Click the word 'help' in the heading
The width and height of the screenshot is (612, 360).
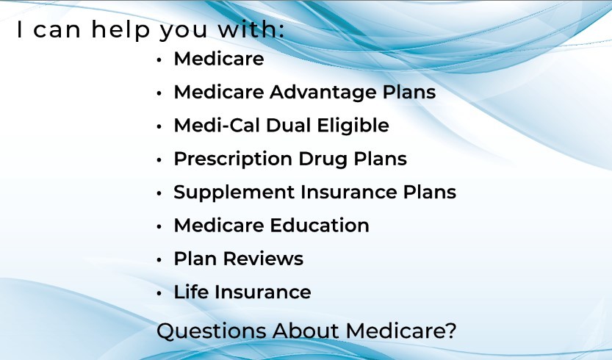[x=120, y=29]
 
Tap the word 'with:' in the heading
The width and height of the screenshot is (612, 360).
[x=251, y=29]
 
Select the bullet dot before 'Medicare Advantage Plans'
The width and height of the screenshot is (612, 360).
[x=159, y=93]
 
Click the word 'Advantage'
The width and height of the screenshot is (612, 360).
[x=323, y=93]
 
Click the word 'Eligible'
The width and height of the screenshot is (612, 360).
[x=353, y=126]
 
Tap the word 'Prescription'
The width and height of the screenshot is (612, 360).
[x=233, y=159]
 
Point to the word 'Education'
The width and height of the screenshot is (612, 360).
[x=320, y=226]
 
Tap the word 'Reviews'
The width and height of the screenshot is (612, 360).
[x=263, y=259]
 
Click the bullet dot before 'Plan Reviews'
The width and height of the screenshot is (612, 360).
[x=159, y=260]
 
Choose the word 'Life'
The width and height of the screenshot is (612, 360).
[x=191, y=292]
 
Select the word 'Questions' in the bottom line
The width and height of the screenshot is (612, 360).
[x=211, y=331]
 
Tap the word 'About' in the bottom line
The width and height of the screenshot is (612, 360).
[x=306, y=331]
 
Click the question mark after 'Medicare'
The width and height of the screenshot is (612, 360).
[x=451, y=331]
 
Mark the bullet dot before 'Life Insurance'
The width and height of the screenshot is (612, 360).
[x=159, y=294]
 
